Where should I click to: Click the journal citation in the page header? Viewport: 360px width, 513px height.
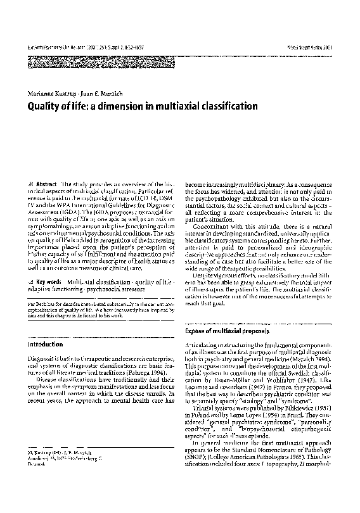(x=82, y=47)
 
